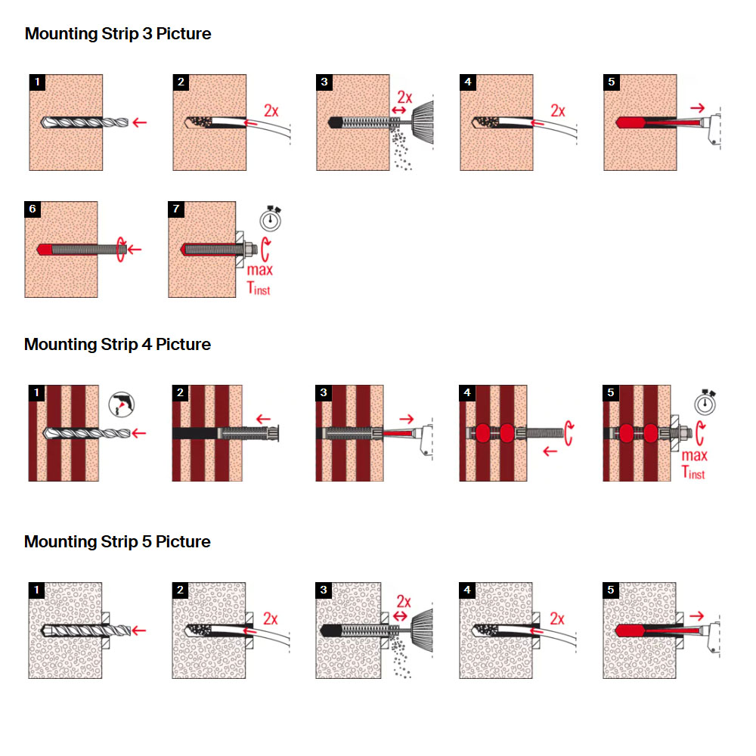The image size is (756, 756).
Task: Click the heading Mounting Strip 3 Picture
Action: pos(118,34)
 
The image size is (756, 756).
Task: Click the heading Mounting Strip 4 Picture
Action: pos(117,344)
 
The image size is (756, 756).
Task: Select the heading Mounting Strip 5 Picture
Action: pos(117,541)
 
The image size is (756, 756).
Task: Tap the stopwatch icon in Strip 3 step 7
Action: pos(271,218)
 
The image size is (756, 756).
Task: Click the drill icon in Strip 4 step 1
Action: pos(122,404)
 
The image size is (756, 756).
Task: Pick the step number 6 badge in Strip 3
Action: pos(33,209)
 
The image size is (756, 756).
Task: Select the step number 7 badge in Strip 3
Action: pos(176,209)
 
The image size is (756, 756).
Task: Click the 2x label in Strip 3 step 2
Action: pos(271,111)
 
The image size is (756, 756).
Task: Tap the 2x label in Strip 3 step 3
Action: pos(404,98)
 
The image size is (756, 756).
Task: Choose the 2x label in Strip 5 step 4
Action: pos(557,618)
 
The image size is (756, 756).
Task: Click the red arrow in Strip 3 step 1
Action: pos(139,122)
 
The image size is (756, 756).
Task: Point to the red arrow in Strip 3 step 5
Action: pos(697,108)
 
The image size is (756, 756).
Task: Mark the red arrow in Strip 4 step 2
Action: pos(263,419)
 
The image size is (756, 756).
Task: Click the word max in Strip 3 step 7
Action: pos(260,270)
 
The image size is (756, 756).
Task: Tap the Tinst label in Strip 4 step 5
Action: pos(692,472)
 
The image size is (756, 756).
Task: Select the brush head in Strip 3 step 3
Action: pos(423,122)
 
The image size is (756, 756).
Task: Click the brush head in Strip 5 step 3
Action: pos(422,631)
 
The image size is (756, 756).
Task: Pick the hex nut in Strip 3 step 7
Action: pos(249,249)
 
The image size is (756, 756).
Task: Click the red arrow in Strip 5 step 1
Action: pos(139,631)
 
